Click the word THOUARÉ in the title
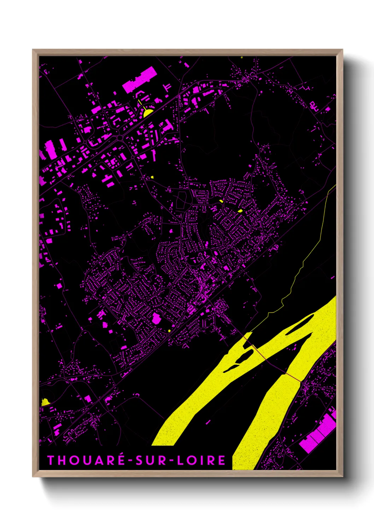coord(86,460)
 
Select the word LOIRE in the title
coord(201,460)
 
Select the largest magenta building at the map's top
coord(140,80)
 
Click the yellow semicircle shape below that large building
coord(148,113)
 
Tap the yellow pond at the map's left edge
coord(45,402)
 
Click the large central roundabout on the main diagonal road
coord(120,137)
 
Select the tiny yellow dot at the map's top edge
coord(242,57)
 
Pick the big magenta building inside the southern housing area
coord(156,318)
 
